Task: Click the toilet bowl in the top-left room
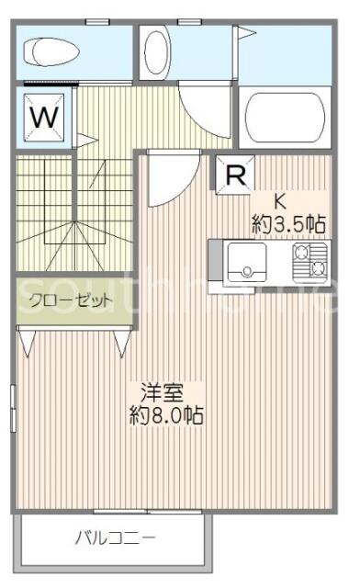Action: tap(51, 52)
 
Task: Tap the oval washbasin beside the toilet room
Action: tap(155, 52)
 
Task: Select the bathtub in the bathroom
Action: tap(285, 117)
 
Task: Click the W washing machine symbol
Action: tap(44, 117)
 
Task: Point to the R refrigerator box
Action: tap(236, 175)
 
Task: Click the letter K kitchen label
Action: tap(280, 202)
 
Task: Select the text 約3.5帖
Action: tap(288, 224)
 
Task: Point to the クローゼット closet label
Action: tap(71, 300)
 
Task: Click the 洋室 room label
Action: tap(162, 392)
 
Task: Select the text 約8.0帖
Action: tap(166, 414)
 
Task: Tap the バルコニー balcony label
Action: tap(115, 538)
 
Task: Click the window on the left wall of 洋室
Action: tap(13, 408)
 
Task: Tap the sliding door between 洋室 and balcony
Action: tap(147, 512)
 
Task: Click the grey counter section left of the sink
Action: tap(216, 260)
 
